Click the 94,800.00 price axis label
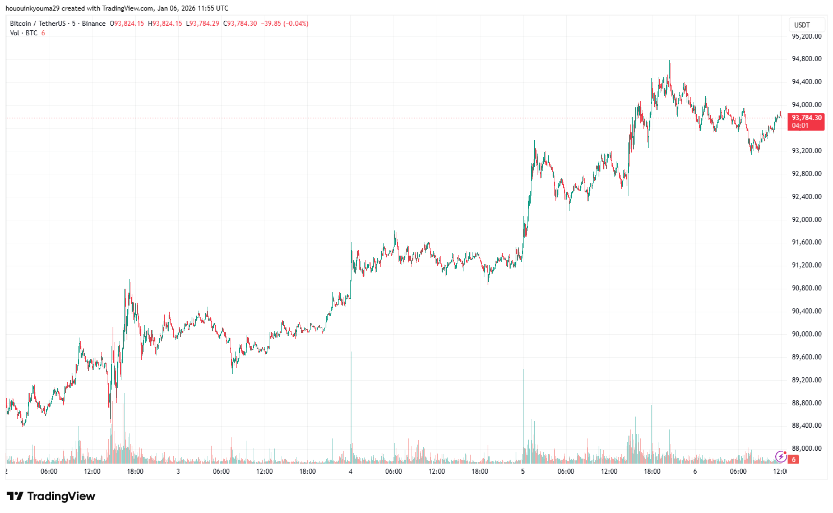point(806,59)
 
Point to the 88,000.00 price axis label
point(806,449)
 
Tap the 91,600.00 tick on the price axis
point(806,242)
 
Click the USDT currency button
point(802,25)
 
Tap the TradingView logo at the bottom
point(51,496)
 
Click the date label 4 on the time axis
point(350,472)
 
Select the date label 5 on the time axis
point(522,472)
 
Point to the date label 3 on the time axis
point(178,472)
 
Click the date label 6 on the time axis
point(695,472)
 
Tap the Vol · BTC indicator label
point(24,33)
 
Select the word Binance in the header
point(94,24)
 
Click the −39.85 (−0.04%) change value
point(284,24)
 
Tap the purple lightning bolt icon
point(780,456)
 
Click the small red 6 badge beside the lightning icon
point(793,460)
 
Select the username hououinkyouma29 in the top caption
point(31,8)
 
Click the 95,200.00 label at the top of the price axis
point(806,36)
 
